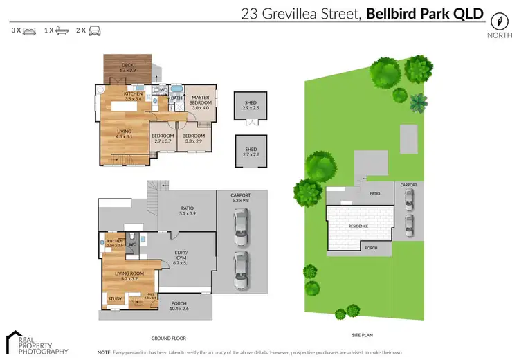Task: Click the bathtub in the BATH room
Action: click(176, 89)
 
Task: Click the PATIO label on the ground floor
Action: click(187, 210)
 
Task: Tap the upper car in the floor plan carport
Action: click(241, 223)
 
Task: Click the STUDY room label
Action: click(114, 299)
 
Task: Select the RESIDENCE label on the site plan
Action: click(358, 226)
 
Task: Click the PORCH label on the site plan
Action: click(370, 248)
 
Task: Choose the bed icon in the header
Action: click(30, 31)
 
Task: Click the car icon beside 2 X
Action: click(95, 31)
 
